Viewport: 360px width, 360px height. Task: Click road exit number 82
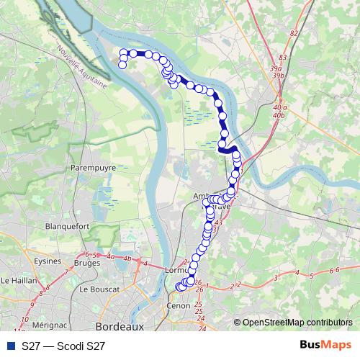pos(293,33)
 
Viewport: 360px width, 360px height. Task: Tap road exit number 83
pos(282,57)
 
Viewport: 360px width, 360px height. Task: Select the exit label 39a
pos(276,68)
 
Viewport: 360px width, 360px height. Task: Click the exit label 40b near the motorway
pos(281,114)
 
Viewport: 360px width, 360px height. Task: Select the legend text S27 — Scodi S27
pos(63,346)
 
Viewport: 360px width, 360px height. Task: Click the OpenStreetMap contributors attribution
pos(297,323)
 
